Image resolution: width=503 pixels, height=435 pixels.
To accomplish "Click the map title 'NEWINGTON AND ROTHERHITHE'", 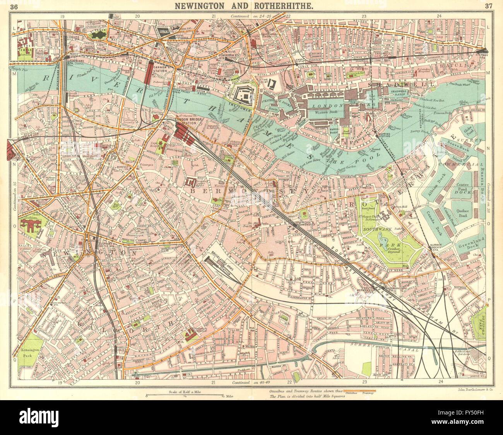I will pyautogui.click(x=251, y=5).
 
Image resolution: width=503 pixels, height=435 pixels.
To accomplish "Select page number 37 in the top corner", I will pyautogui.click(x=488, y=6).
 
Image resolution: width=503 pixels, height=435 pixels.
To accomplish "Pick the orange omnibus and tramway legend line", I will pyautogui.click(x=360, y=390).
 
